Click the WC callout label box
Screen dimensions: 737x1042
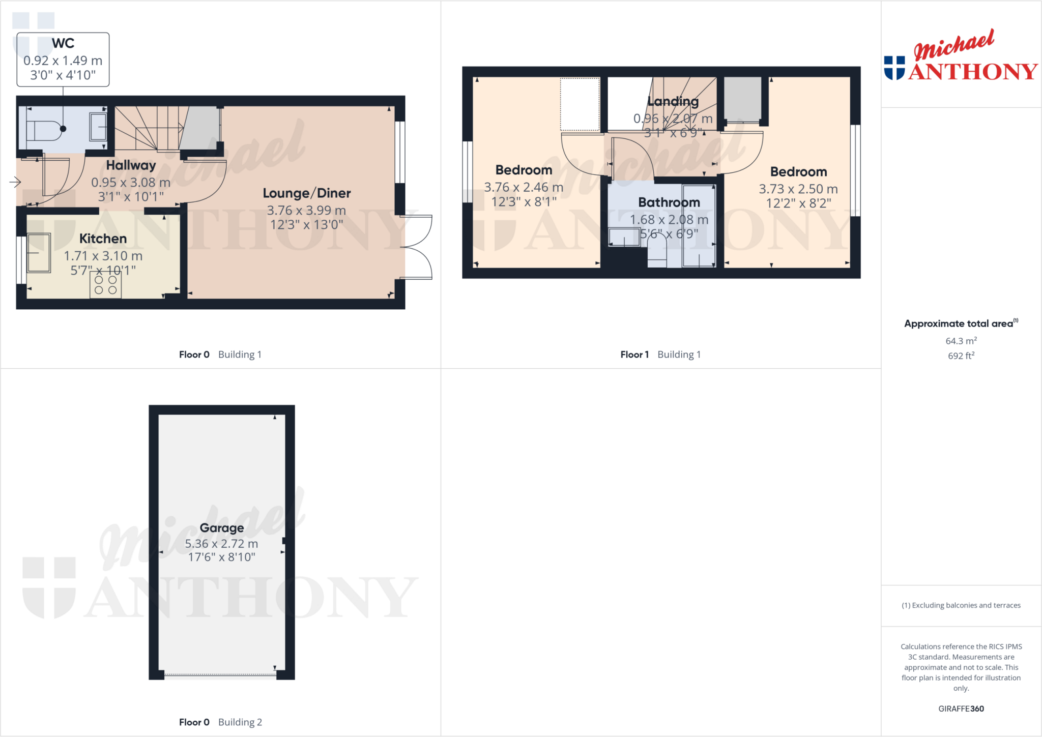click(63, 60)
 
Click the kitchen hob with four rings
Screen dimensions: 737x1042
click(105, 285)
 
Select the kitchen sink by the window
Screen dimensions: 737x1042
click(39, 253)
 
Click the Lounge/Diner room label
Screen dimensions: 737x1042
click(306, 193)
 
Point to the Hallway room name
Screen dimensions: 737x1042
click(131, 165)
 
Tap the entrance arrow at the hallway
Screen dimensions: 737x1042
click(15, 182)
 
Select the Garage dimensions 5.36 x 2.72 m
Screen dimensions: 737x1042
click(221, 544)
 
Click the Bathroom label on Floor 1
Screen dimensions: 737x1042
click(669, 202)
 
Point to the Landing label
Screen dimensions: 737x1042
click(673, 101)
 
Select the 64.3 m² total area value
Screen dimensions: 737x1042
click(961, 341)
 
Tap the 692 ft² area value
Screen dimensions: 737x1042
click(961, 356)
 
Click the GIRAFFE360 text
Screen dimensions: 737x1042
click(961, 709)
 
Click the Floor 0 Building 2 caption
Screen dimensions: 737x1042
click(220, 722)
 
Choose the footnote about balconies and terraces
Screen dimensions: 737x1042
click(961, 605)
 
